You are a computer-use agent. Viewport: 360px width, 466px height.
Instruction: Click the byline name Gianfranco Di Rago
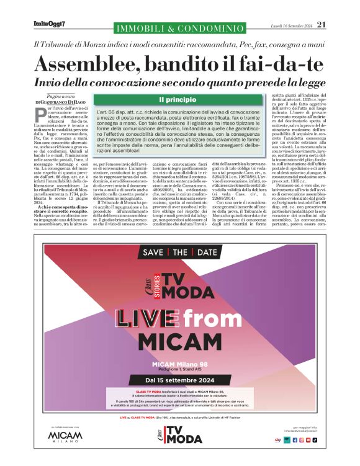(66, 102)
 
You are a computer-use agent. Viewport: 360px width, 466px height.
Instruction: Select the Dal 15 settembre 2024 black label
(179, 380)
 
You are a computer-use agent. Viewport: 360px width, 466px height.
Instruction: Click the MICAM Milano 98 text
(179, 363)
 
